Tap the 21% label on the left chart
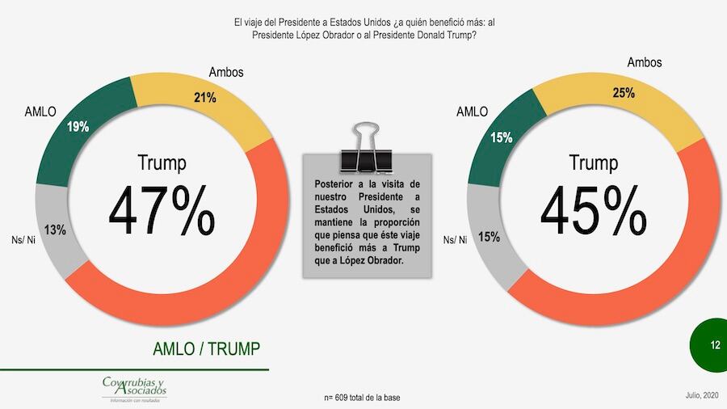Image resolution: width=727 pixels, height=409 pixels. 204,98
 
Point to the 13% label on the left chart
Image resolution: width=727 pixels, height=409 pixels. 55,230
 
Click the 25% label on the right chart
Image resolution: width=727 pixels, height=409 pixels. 623,93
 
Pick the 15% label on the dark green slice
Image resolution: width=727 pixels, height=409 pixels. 501,137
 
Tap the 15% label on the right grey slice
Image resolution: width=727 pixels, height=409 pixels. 489,238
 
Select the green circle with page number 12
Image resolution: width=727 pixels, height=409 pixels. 714,345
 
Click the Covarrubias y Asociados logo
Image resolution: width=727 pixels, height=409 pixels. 134,389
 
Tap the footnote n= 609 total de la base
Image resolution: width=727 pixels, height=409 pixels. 362,398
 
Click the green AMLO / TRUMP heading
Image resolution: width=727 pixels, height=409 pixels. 207,348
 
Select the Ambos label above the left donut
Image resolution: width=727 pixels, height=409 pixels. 226,73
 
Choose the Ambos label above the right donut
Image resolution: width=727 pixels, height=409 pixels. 645,62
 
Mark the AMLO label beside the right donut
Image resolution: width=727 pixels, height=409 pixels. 472,112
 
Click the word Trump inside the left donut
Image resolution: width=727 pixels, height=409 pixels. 162,162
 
